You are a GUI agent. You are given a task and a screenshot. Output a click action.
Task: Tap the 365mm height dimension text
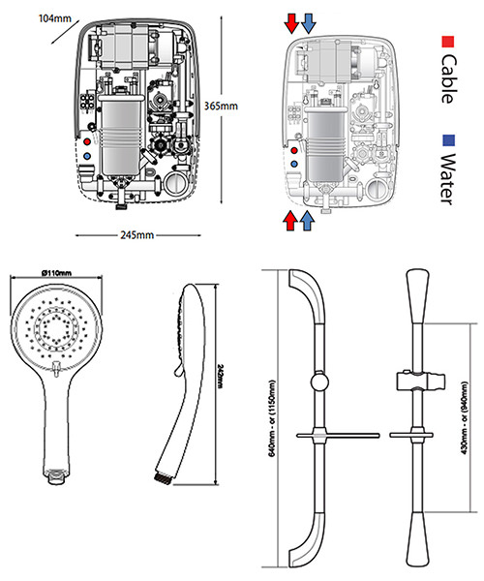click(222, 107)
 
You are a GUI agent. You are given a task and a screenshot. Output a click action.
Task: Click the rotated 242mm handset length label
click(222, 378)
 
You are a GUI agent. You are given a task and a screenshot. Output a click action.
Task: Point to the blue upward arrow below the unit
click(308, 222)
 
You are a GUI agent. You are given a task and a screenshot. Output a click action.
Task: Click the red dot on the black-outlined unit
click(88, 140)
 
